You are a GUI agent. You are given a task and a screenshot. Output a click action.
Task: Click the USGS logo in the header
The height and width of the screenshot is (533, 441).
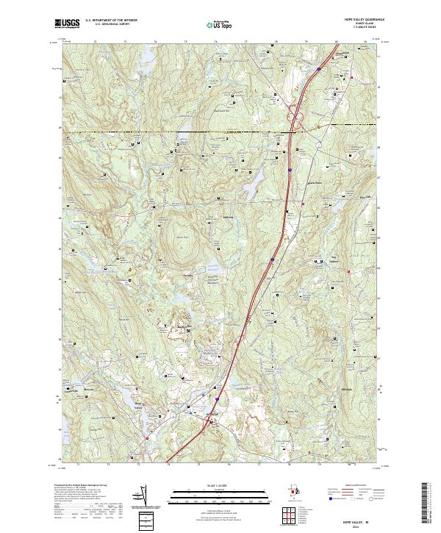point(68,24)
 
